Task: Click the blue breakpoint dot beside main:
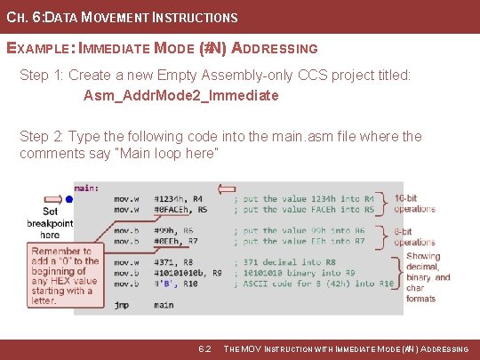coord(68,199)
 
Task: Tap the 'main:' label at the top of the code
coord(86,188)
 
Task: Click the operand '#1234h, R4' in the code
coord(179,198)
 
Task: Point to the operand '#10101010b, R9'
coord(188,273)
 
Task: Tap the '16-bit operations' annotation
coord(414,204)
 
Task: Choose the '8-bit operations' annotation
coord(414,236)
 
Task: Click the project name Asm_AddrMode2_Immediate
coord(181,95)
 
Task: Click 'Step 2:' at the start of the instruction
coord(43,137)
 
